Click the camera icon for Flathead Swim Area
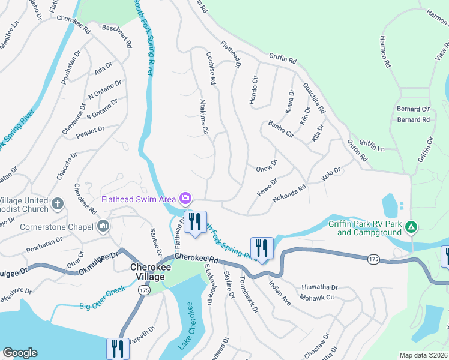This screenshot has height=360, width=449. (x=185, y=198)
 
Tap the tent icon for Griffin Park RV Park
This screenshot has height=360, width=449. (x=411, y=227)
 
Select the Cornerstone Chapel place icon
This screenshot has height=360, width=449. (x=103, y=227)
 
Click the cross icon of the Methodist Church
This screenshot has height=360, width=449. (x=58, y=204)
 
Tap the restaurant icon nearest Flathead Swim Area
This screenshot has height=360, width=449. (x=194, y=221)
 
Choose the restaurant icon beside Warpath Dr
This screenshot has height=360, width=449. (x=118, y=349)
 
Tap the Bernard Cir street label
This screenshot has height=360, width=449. (x=414, y=110)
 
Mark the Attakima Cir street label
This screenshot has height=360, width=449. (x=203, y=116)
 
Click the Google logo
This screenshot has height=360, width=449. (x=20, y=353)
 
